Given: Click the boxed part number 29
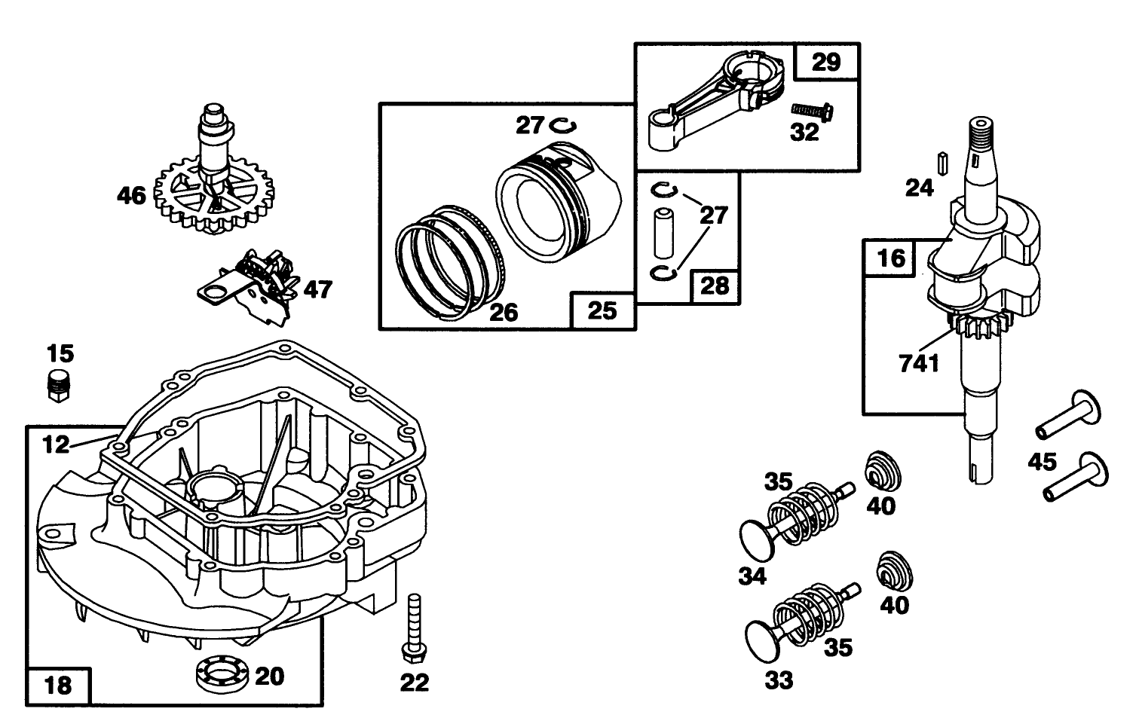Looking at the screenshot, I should click(826, 62).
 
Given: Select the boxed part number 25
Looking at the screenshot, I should click(602, 310).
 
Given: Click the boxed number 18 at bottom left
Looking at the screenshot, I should click(58, 686).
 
